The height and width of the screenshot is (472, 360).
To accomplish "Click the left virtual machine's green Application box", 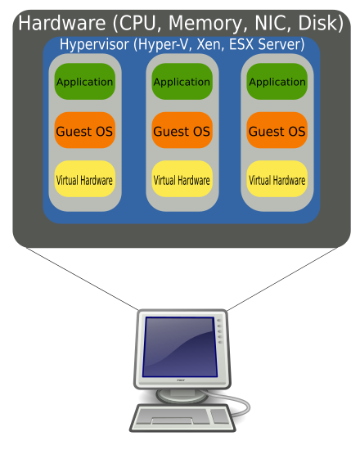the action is tap(85, 81).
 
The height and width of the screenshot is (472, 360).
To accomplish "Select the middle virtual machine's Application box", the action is tap(182, 81).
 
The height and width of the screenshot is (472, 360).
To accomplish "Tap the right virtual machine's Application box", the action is tap(277, 81).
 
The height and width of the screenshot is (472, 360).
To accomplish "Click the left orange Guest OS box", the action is tap(85, 130).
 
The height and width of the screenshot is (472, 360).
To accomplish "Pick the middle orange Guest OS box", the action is tap(182, 130).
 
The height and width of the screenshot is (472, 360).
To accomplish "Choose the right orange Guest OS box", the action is tap(277, 130).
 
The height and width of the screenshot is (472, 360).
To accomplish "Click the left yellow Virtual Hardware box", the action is tap(85, 179).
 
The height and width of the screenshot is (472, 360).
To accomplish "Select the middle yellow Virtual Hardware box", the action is tap(182, 179).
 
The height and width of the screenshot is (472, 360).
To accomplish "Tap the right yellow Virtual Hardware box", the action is tap(277, 179).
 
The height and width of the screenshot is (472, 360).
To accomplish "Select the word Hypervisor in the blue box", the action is tap(95, 44).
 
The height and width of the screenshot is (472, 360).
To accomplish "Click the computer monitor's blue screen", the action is tap(180, 347).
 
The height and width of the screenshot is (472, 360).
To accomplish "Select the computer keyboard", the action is tap(182, 418).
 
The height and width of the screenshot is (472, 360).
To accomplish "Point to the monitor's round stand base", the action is tap(182, 396).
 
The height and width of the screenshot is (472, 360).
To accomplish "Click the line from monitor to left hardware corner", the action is tap(82, 279).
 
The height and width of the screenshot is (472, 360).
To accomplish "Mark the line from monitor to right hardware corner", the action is tap(282, 279).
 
